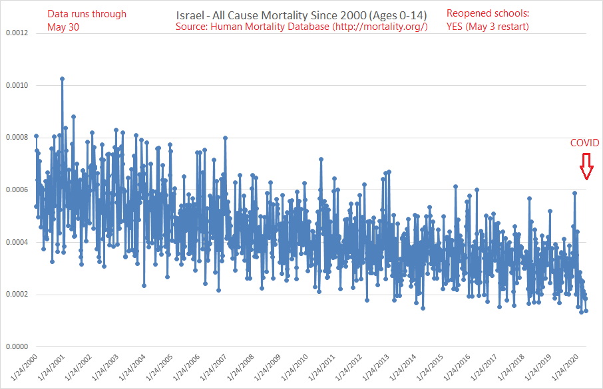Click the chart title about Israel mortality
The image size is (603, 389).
(302, 14)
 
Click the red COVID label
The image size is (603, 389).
(584, 143)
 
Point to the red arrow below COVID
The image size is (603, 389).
(586, 166)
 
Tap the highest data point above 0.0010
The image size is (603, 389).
(62, 78)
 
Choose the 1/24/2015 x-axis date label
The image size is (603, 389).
(429, 368)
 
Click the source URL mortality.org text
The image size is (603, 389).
(379, 27)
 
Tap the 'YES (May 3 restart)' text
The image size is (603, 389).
(488, 27)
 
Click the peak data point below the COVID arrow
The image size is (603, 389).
(574, 193)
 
